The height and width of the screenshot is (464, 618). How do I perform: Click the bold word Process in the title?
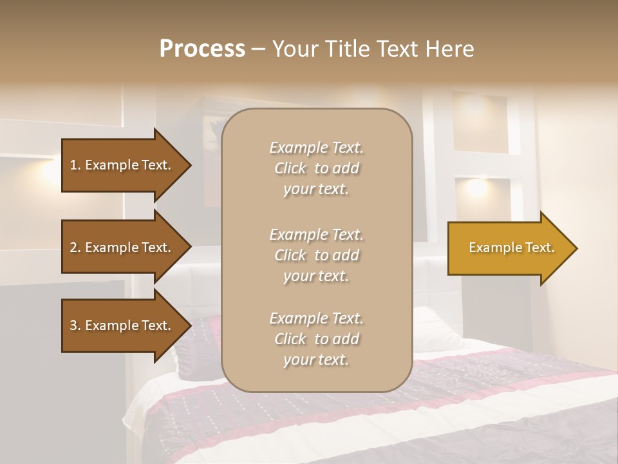tap(202, 49)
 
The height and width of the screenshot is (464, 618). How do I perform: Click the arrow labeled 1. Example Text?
tap(120, 165)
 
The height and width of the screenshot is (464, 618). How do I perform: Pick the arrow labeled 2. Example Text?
tap(120, 247)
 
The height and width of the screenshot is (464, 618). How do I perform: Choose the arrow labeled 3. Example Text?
tap(120, 325)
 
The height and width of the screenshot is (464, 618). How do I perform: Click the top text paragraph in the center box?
tap(316, 168)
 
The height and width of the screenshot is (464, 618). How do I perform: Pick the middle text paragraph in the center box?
tap(316, 255)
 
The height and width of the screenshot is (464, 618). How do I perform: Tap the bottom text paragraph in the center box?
tap(316, 339)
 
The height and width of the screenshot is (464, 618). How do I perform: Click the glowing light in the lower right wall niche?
tap(477, 189)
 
